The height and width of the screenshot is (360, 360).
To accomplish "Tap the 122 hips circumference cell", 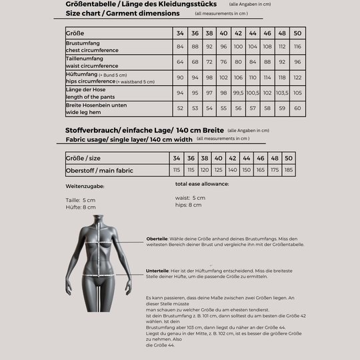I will point(297,77).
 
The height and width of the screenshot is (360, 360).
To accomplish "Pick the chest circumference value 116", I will point(297,47).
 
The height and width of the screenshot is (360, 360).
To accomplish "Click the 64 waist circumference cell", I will point(180,62).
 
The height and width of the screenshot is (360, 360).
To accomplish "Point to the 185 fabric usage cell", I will point(288,170).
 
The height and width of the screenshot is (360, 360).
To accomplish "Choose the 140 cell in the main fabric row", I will point(232,170).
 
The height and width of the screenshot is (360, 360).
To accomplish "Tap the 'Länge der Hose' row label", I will point(85,89).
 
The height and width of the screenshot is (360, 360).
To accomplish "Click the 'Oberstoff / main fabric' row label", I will point(90,170).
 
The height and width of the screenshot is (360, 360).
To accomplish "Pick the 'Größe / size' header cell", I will point(83,158).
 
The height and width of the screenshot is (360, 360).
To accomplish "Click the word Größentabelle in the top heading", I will point(90,4).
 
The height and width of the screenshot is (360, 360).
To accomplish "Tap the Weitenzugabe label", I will point(85,186).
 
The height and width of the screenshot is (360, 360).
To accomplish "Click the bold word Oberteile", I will point(157,239).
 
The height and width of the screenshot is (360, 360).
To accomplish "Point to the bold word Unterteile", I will point(157,271).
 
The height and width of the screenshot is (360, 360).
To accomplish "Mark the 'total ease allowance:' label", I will point(202,183).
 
